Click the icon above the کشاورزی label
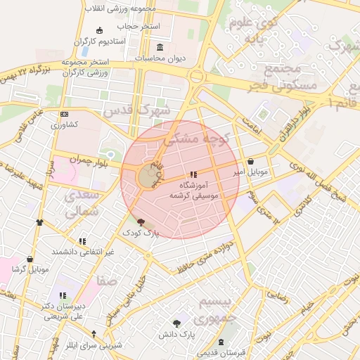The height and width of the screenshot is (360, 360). (65, 114)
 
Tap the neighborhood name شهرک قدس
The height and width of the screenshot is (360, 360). (136, 110)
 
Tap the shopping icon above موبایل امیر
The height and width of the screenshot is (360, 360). (251, 162)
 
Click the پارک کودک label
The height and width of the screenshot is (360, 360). (141, 232)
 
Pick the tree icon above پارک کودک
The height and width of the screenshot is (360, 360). (141, 222)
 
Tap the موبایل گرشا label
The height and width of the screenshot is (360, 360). (30, 269)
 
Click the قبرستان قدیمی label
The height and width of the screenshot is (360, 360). (241, 353)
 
